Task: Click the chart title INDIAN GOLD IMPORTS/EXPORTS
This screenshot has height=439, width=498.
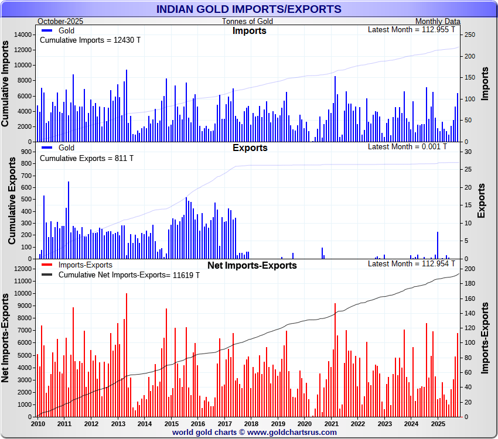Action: click(x=249, y=9)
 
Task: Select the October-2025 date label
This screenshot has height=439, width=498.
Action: click(x=60, y=21)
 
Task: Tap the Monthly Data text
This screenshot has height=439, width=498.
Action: click(x=438, y=21)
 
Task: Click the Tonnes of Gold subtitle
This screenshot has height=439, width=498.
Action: click(x=247, y=21)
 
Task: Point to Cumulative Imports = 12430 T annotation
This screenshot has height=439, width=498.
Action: click(x=90, y=40)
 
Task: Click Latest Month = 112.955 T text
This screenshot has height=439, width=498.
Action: click(x=411, y=30)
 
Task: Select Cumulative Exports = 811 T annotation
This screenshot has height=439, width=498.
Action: click(x=86, y=158)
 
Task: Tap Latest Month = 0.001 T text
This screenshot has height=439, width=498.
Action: click(x=407, y=146)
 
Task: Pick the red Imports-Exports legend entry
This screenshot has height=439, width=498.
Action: click(x=82, y=265)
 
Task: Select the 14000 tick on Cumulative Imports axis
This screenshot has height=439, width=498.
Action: click(x=22, y=35)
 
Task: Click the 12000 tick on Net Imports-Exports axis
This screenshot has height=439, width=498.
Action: click(x=22, y=269)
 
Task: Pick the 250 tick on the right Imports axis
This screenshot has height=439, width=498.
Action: click(x=469, y=35)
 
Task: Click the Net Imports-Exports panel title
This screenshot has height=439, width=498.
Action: click(x=252, y=265)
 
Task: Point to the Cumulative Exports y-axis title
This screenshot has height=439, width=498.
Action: click(x=12, y=200)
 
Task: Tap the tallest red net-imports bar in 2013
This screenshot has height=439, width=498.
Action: click(x=126, y=355)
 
